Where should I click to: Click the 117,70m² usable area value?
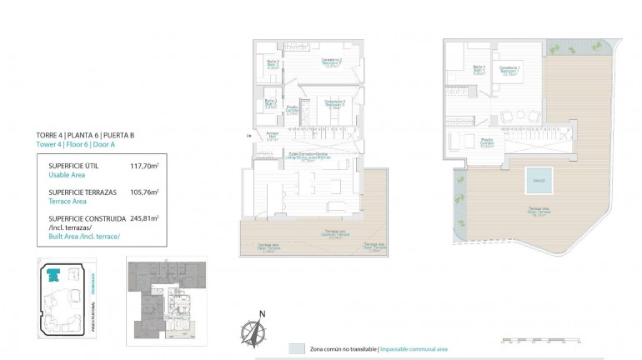[143, 166]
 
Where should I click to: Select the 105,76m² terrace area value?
[143, 192]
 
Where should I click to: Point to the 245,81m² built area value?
[143, 219]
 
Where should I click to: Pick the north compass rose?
[253, 331]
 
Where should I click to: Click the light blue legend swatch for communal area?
[295, 347]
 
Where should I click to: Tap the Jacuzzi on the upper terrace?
[539, 179]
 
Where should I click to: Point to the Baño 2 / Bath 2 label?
[272, 63]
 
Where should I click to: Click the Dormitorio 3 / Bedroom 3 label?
[334, 103]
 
